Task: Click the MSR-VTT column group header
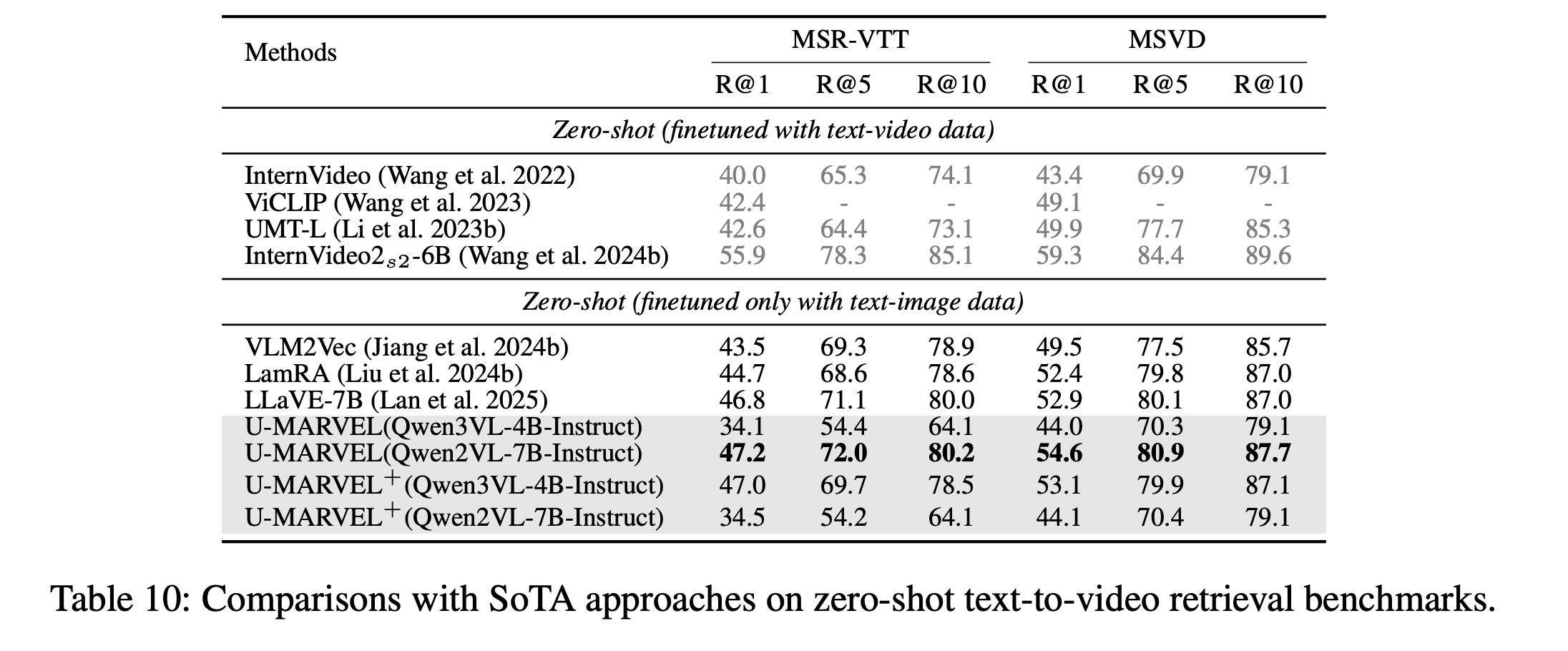pyautogui.click(x=850, y=39)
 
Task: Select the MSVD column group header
pyautogui.click(x=1167, y=39)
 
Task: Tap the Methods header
pyautogui.click(x=290, y=53)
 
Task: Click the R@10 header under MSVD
pyautogui.click(x=1268, y=85)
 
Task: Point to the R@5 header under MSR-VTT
pyautogui.click(x=843, y=85)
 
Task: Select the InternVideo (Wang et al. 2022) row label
pyautogui.click(x=410, y=176)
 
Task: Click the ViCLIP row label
pyautogui.click(x=388, y=203)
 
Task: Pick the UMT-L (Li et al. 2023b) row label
pyautogui.click(x=375, y=230)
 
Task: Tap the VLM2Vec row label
pyautogui.click(x=406, y=348)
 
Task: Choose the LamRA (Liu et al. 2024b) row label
pyautogui.click(x=383, y=374)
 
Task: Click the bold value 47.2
pyautogui.click(x=742, y=454)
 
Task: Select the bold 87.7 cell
pyautogui.click(x=1268, y=454)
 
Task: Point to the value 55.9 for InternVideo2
pyautogui.click(x=742, y=256)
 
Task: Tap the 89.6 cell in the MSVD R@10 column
pyautogui.click(x=1268, y=256)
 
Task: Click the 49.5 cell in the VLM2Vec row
pyautogui.click(x=1059, y=348)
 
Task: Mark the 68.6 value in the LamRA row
pyautogui.click(x=843, y=374)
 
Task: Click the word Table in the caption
pyautogui.click(x=88, y=599)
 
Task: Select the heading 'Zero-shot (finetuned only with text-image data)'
pyautogui.click(x=773, y=302)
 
